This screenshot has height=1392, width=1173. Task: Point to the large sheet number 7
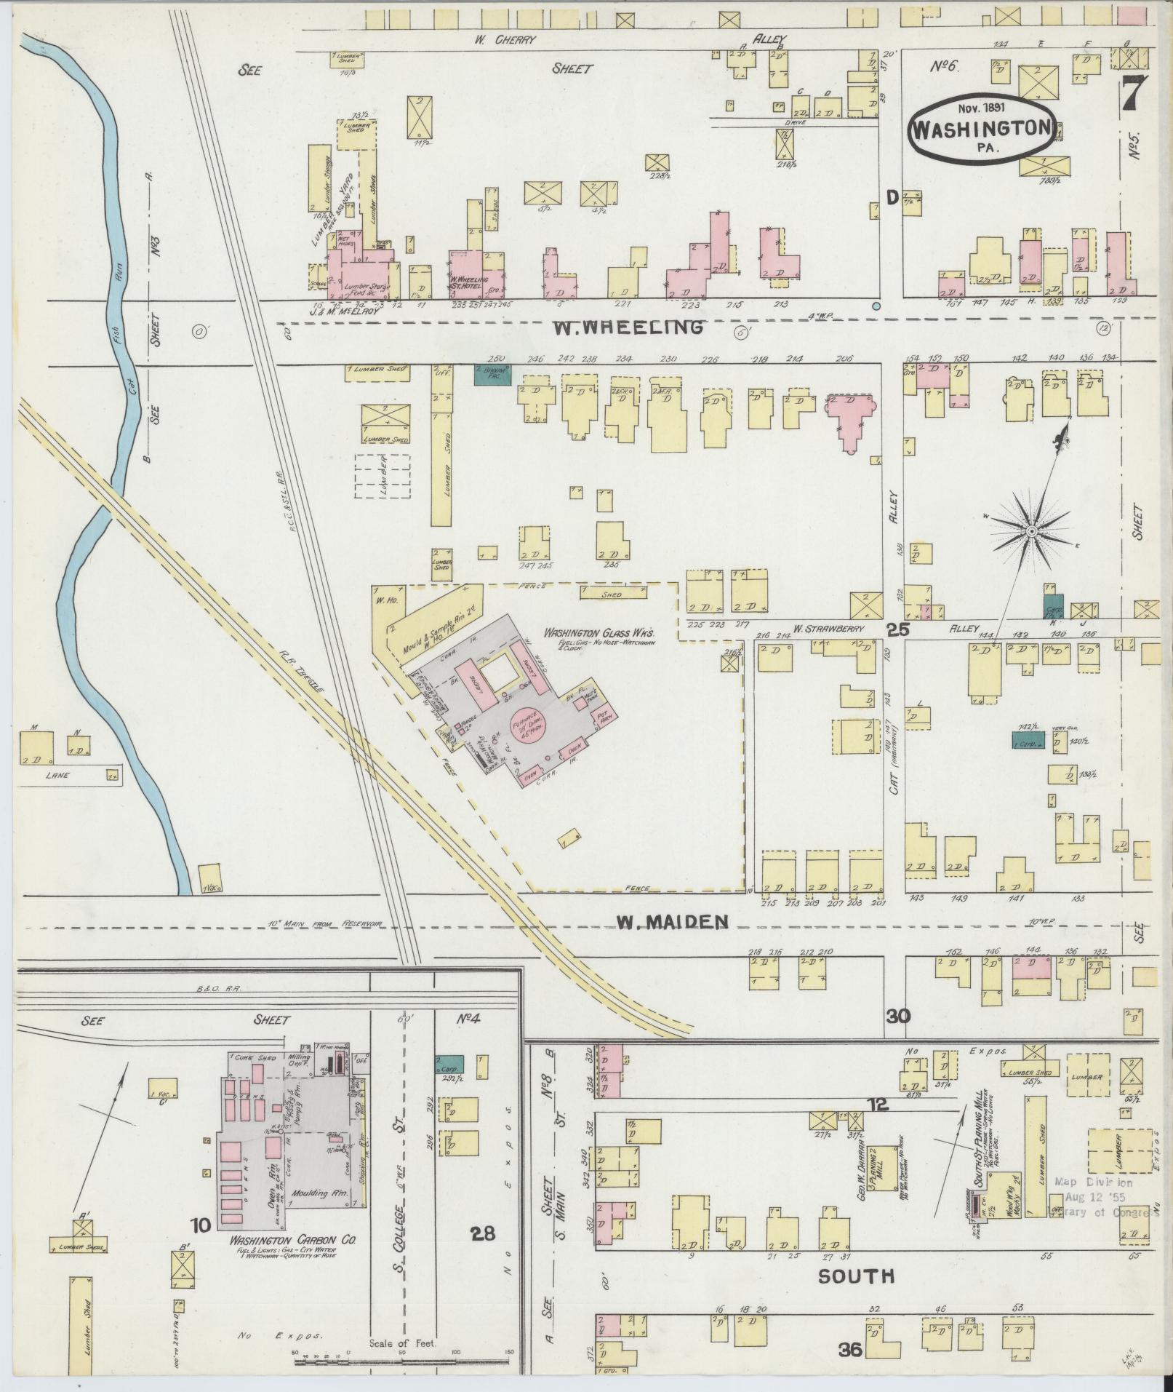pos(1134,93)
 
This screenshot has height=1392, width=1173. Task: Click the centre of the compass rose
pos(1030,533)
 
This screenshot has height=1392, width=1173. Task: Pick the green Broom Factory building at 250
pos(492,375)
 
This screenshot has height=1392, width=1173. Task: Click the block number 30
pos(898,1014)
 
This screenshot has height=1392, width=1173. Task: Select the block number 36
pos(849,1351)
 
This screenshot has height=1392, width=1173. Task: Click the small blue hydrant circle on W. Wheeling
pos(877,306)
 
